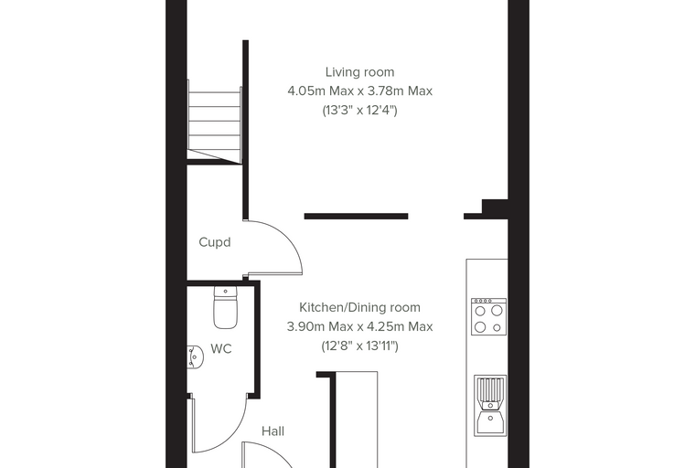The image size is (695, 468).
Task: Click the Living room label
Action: click(359, 72)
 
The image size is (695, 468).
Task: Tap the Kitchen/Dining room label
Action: click(359, 307)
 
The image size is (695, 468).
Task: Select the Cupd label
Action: click(215, 242)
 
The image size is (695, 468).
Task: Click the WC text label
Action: click(220, 349)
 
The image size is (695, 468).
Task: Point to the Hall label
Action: click(273, 431)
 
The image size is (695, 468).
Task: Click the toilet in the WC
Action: click(226, 307)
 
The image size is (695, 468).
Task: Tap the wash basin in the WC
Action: click(195, 356)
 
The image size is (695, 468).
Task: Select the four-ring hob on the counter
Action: click(488, 316)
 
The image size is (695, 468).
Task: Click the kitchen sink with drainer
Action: click(490, 406)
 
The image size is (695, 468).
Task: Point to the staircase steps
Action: click(215, 121)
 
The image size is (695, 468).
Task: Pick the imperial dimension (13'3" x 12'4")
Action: click(359, 110)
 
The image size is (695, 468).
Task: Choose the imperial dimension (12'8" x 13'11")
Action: click(359, 346)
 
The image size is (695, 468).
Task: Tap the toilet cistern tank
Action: click(226, 292)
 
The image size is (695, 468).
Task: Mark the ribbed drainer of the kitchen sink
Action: click(490, 388)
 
